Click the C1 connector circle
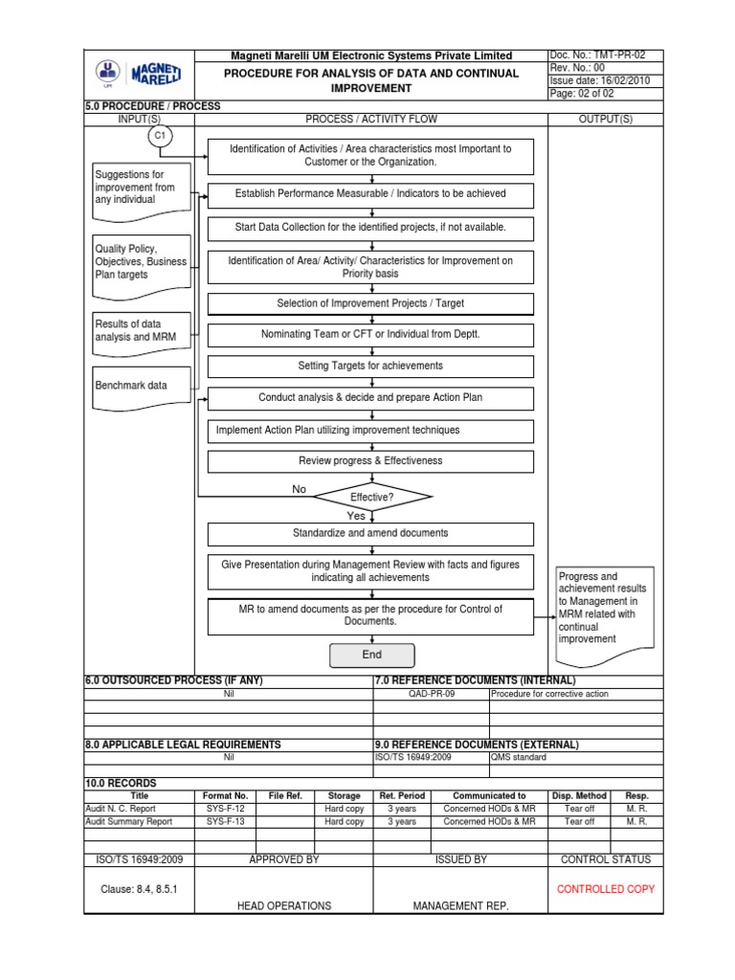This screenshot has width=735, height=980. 161,137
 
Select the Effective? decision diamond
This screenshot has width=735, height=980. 372,497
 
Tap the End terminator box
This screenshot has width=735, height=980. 372,655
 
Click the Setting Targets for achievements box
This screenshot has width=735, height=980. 371,366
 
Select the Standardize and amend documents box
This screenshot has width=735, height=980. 371,533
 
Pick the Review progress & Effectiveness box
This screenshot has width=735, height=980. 371,460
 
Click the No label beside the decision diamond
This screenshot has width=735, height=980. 300,489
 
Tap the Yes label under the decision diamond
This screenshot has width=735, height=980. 356,516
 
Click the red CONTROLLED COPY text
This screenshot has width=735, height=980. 606,889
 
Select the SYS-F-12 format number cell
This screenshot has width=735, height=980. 227,809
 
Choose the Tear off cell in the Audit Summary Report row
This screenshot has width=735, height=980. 579,821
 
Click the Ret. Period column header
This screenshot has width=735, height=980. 401,795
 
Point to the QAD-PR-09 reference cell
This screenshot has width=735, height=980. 431,694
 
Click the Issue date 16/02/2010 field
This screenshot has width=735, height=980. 600,81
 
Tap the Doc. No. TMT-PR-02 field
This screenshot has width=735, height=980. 600,56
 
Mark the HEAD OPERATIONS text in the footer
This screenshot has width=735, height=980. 284,905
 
